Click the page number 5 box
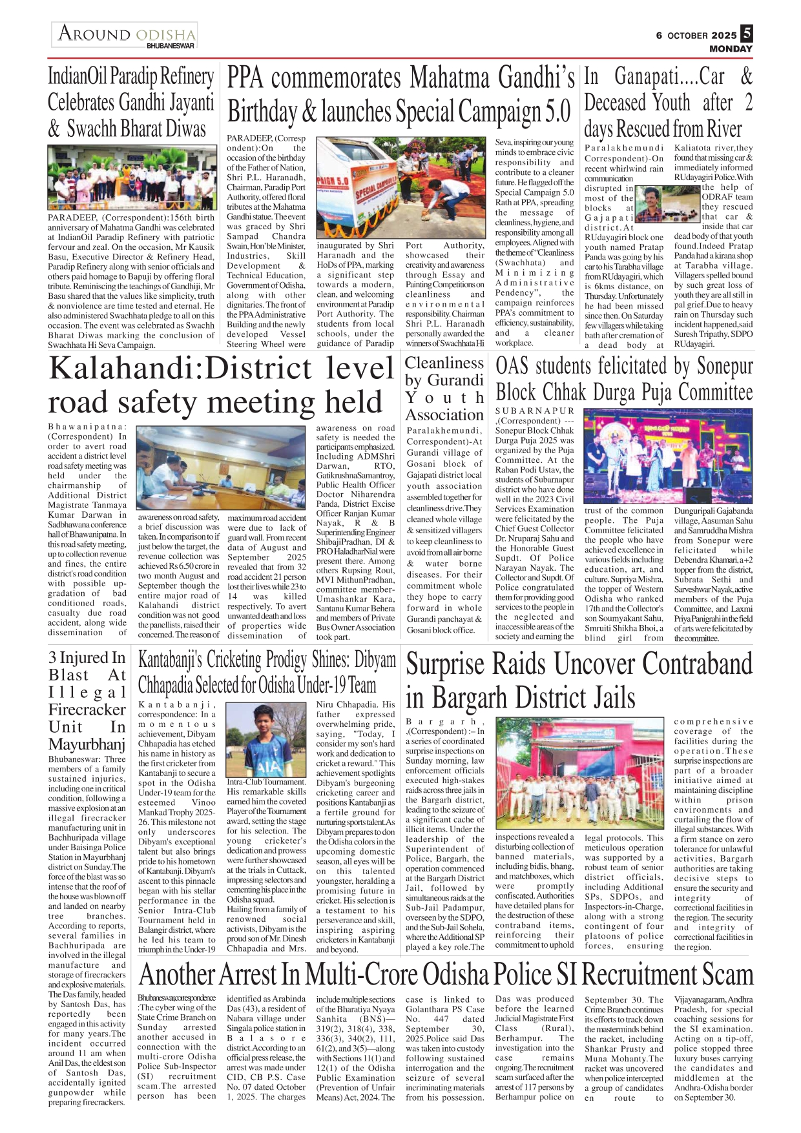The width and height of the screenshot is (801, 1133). [x=747, y=34]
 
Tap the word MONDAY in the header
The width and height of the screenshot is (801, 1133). [x=731, y=49]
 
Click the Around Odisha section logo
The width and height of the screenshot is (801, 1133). [x=125, y=35]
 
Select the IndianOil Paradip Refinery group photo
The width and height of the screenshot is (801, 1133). [x=131, y=178]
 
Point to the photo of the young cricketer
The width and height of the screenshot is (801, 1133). [x=265, y=740]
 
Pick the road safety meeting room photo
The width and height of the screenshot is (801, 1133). [x=221, y=467]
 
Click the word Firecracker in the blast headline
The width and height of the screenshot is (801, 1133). [x=87, y=709]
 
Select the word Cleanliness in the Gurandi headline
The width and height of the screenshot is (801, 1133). [x=444, y=363]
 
